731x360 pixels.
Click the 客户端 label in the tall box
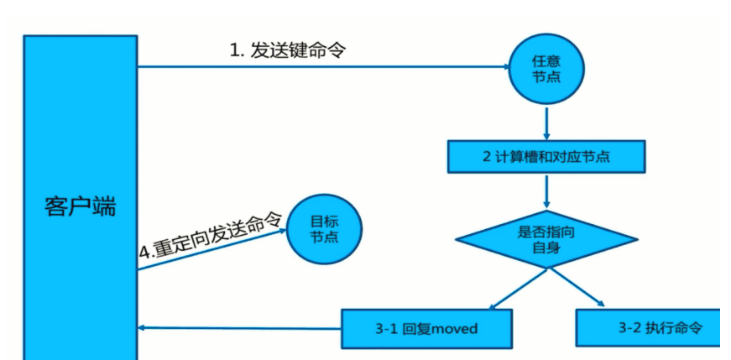(80, 206)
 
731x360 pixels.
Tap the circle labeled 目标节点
(324, 229)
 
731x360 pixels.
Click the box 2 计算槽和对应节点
(546, 156)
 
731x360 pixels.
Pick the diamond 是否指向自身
(546, 239)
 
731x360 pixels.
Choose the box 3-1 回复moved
(426, 326)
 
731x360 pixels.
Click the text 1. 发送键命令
(287, 50)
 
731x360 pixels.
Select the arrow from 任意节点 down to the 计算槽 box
(546, 123)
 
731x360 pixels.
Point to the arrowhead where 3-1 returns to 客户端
(144, 327)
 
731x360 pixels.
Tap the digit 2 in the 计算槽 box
(487, 157)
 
